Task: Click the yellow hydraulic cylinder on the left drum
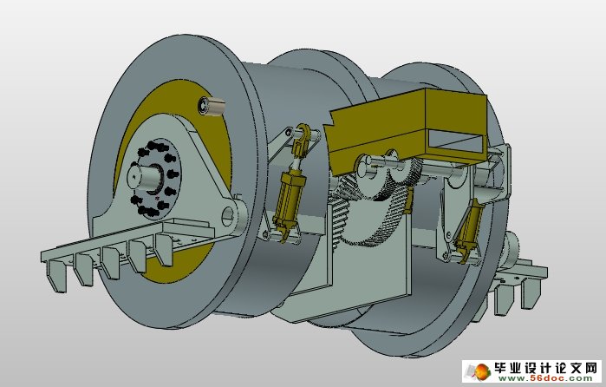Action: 289,197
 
